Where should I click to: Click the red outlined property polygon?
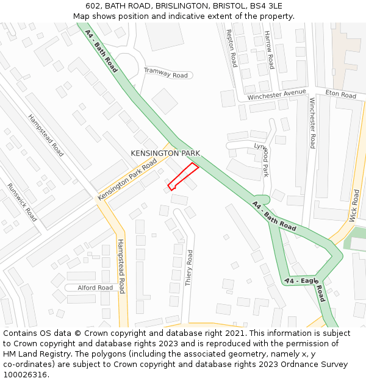pos(183,176)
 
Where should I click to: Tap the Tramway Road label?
pos(166,73)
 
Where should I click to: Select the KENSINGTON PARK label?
pos(165,153)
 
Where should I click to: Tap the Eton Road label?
pos(340,94)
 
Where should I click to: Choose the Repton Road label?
pos(231,48)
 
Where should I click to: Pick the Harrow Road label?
pos(269,51)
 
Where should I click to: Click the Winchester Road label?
pos(312,123)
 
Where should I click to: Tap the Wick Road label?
pos(354,205)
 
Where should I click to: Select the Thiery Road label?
pos(189,268)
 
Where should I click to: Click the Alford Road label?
pos(96,288)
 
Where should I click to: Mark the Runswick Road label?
pos(22,202)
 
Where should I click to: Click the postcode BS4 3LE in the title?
pos(267,5)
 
